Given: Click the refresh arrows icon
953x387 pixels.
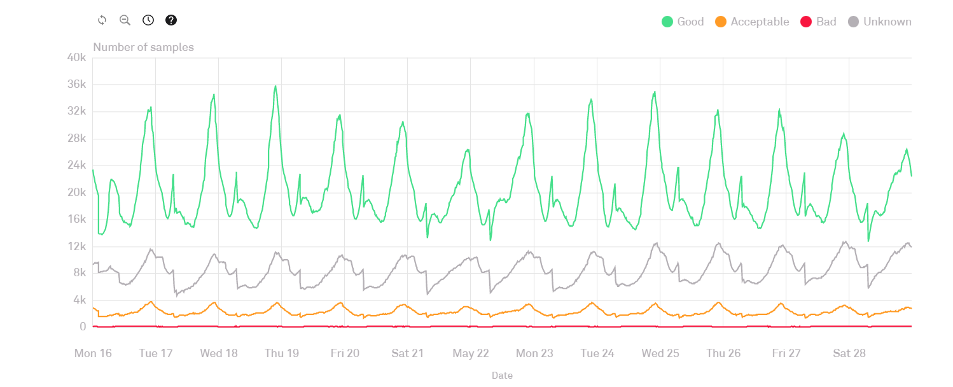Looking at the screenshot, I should point(102,20).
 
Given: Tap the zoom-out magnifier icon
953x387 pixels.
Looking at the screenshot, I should point(125,20).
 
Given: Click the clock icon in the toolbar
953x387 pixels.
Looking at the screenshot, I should point(148,20).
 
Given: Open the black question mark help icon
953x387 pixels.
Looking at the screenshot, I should point(171,20).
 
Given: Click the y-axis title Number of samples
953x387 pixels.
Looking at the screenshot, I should point(143,47).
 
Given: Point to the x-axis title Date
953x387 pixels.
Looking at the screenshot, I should point(502,376).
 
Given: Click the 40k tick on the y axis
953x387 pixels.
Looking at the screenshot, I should point(76,58).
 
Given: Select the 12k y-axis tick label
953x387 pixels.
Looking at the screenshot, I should point(76,246).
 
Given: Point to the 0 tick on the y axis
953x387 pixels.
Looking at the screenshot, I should point(83,327).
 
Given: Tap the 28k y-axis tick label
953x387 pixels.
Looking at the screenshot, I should point(76,139).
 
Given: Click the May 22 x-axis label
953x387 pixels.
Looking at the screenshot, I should point(470,353).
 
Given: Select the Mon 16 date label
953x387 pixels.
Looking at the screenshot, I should point(93,353).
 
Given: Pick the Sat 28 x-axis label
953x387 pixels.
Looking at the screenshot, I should point(849,353).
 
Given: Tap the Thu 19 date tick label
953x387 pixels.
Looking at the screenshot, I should point(281,353).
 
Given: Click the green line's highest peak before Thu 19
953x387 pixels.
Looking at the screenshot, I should point(275,86).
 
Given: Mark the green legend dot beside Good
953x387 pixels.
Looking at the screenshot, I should point(667,22).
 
